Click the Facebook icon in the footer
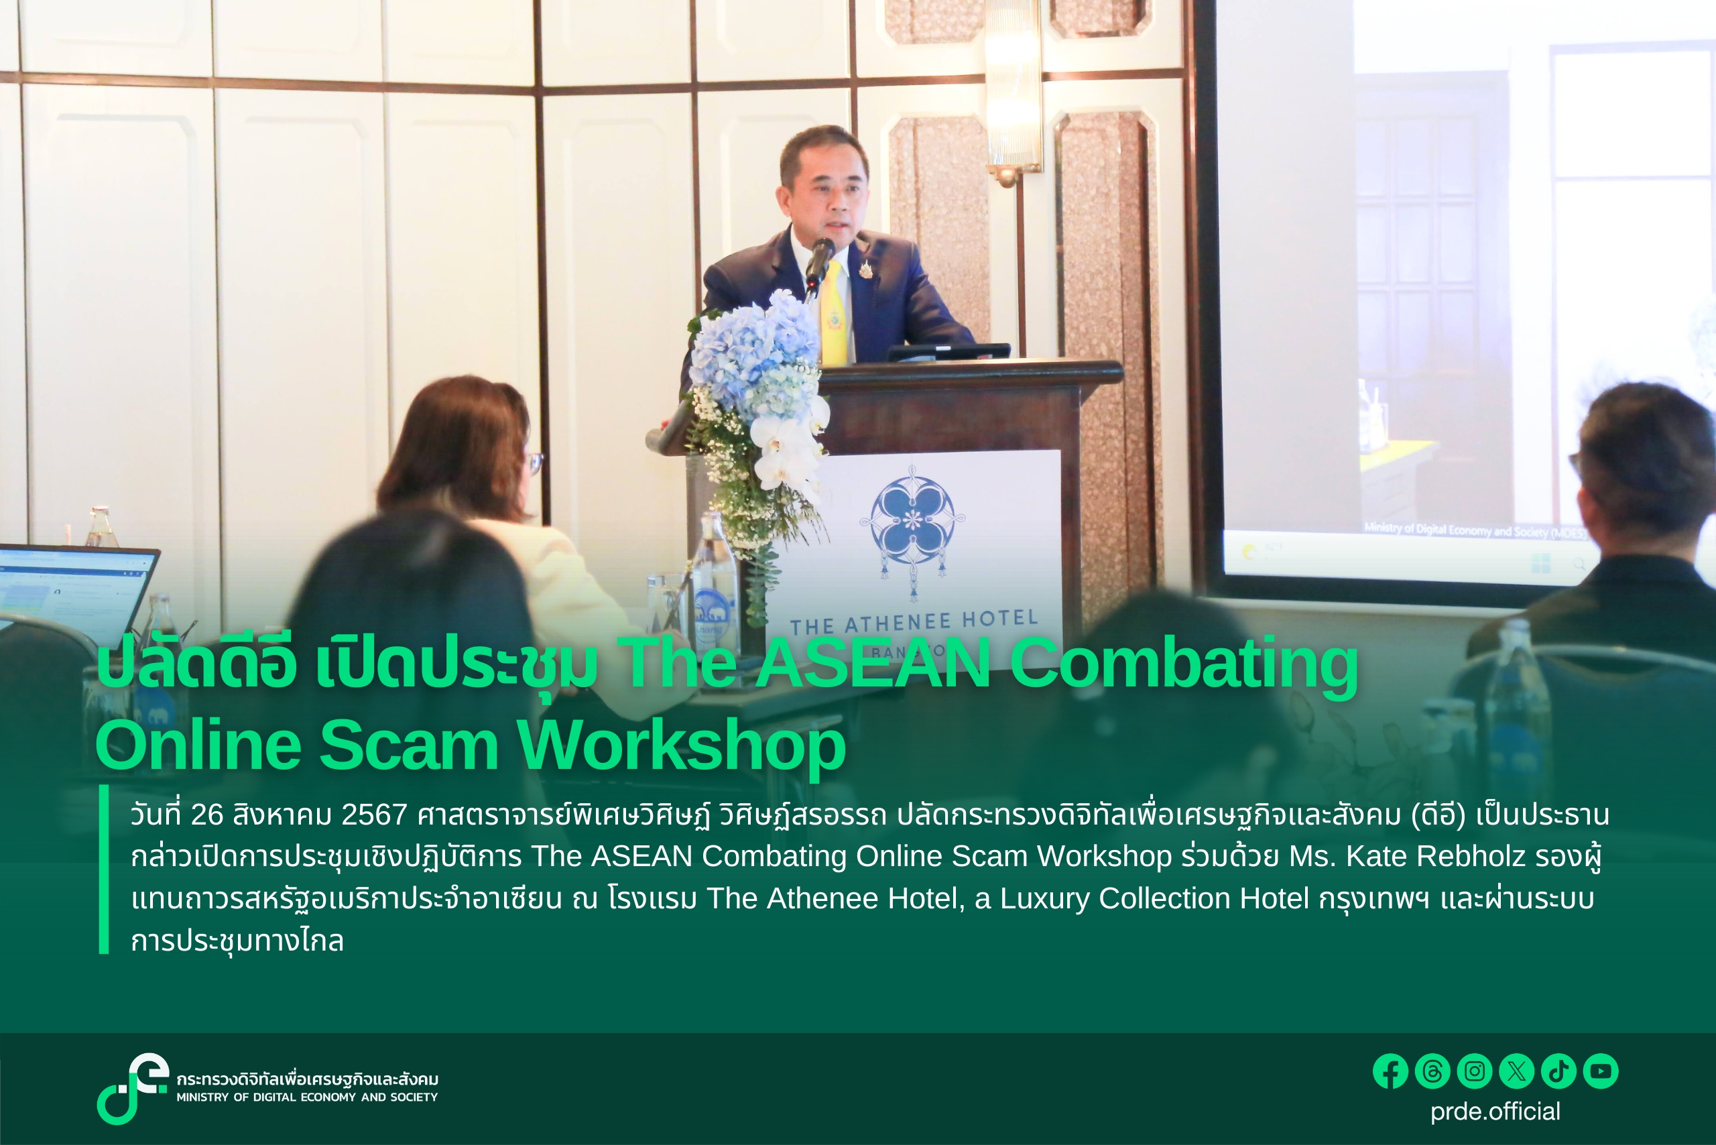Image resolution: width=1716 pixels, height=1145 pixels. pyautogui.click(x=1390, y=1071)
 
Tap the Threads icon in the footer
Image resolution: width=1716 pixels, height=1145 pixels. pyautogui.click(x=1432, y=1071)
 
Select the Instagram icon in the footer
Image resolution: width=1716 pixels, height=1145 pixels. pyautogui.click(x=1474, y=1071)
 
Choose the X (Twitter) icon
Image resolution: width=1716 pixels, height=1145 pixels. pyautogui.click(x=1517, y=1071)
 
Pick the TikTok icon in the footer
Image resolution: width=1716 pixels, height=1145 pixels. pyautogui.click(x=1558, y=1071)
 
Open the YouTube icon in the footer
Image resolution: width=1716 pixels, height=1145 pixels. pyautogui.click(x=1601, y=1071)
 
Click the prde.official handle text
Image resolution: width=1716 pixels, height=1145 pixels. pyautogui.click(x=1495, y=1111)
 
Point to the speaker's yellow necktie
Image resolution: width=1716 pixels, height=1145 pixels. pyautogui.click(x=833, y=314)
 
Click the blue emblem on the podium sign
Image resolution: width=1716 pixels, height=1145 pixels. pyautogui.click(x=913, y=518)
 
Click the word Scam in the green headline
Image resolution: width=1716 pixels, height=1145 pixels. pyautogui.click(x=409, y=745)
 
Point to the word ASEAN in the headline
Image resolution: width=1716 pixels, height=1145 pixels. pyautogui.click(x=873, y=663)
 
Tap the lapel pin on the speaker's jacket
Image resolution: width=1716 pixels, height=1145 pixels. pyautogui.click(x=865, y=269)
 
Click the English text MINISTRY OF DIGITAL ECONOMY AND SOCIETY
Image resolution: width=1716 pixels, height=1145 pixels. pyautogui.click(x=307, y=1097)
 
